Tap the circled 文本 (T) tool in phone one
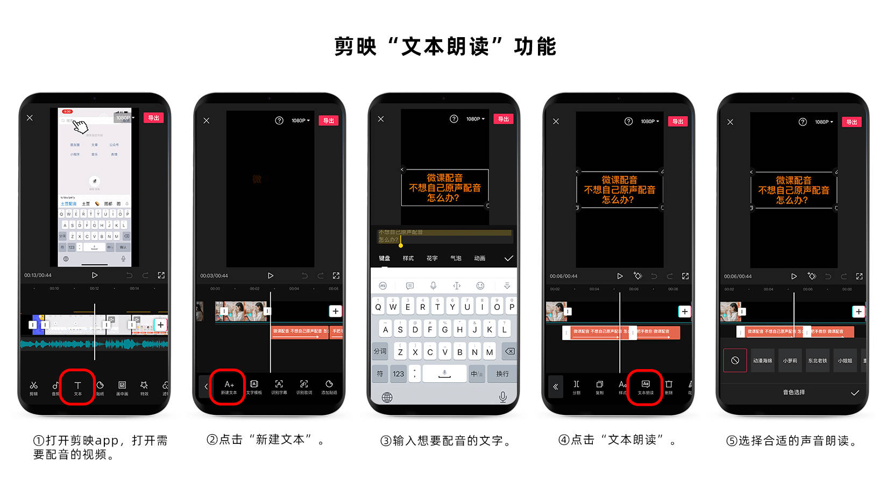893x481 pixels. pos(77,387)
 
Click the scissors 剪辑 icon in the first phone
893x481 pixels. pos(33,387)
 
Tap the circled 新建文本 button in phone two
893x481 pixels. pos(229,386)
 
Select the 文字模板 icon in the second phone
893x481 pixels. pos(254,386)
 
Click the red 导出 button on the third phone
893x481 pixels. pos(504,119)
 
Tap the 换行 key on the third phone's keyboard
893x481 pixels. pos(502,373)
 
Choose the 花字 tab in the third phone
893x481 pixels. pos(432,258)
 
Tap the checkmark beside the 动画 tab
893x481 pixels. pos(508,258)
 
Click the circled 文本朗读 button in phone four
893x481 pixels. pos(646,386)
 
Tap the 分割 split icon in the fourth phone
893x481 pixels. pos(576,386)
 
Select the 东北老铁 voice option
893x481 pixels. pos(817,360)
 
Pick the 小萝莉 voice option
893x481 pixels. pos(790,360)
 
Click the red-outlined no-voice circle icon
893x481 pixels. pos(735,360)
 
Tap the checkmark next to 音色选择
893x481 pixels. pos(855,393)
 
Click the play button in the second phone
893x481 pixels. pos(271,275)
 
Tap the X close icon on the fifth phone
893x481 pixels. pos(730,122)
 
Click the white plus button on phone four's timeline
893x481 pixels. pos(684,312)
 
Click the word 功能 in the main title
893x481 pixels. pos(535,47)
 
